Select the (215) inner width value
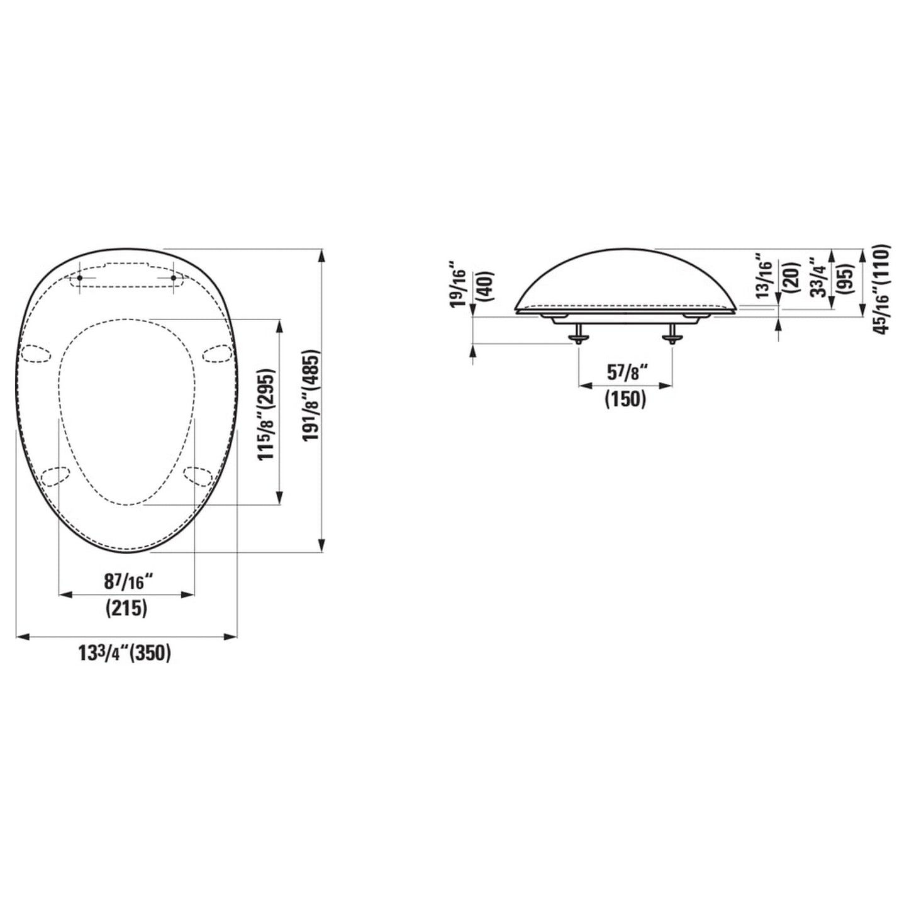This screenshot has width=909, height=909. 126,608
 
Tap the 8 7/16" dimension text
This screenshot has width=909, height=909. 126,583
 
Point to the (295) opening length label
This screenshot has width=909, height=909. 269,389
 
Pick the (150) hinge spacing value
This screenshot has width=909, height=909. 625,399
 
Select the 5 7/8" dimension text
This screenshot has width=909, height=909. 625,373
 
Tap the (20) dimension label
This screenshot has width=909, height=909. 791,276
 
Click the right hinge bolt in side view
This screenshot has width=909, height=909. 672,335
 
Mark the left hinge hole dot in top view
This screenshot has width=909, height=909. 79,277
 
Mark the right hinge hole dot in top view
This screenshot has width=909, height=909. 173,277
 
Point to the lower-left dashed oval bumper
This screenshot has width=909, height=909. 54,476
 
